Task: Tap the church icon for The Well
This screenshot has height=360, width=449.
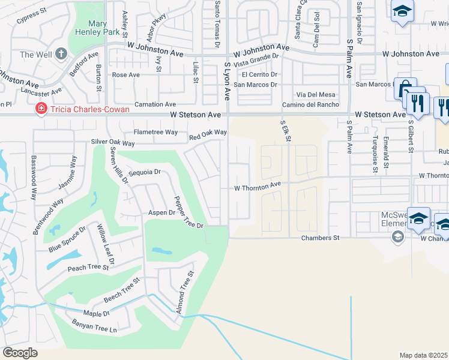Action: click(61, 54)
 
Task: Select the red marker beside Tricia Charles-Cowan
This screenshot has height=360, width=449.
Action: click(41, 109)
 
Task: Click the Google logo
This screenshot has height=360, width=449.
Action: click(20, 353)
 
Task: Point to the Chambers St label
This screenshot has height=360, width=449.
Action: click(320, 238)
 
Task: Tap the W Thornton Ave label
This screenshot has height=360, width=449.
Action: click(258, 187)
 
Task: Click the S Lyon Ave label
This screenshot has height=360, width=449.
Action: click(227, 80)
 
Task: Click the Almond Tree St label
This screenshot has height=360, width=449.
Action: click(185, 293)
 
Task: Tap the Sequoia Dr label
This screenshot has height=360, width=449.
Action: click(145, 172)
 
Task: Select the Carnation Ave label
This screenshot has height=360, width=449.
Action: click(155, 104)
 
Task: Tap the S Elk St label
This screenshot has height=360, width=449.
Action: click(286, 130)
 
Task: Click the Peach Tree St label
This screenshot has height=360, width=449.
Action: click(89, 268)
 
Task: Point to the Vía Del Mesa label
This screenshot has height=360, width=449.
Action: click(316, 95)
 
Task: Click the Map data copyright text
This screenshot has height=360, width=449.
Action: click(424, 355)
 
